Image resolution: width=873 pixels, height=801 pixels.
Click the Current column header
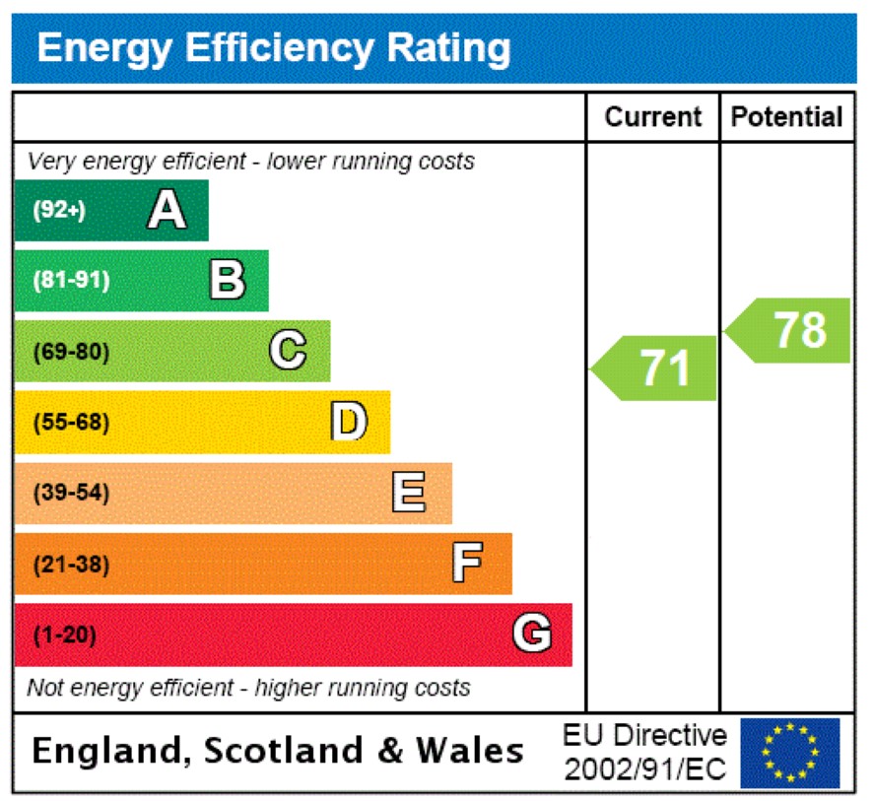pyautogui.click(x=652, y=117)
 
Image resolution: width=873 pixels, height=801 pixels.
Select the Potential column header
pyautogui.click(x=787, y=117)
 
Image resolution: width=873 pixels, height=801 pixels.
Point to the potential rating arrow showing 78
pyautogui.click(x=791, y=330)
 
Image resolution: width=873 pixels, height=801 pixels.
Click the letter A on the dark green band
pyautogui.click(x=167, y=209)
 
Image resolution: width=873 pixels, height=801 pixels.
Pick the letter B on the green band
pyautogui.click(x=228, y=280)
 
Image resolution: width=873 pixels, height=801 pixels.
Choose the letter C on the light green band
pyautogui.click(x=288, y=351)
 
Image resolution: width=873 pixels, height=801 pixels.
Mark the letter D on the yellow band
pyautogui.click(x=349, y=422)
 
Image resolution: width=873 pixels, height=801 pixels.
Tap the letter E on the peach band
pyautogui.click(x=409, y=493)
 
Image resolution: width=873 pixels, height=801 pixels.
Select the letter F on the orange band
pyautogui.click(x=467, y=565)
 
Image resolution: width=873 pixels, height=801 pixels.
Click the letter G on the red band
pyautogui.click(x=532, y=634)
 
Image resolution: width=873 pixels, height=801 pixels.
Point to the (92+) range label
pyautogui.click(x=59, y=210)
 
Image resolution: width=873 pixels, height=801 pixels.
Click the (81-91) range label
pyautogui.click(x=72, y=281)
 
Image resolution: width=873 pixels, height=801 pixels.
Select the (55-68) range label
pyautogui.click(x=72, y=423)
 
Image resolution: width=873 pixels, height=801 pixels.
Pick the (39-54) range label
pyautogui.click(x=72, y=494)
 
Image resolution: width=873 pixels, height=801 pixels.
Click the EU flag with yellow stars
pyautogui.click(x=790, y=753)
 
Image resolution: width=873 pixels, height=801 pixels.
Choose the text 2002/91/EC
pyautogui.click(x=645, y=768)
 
